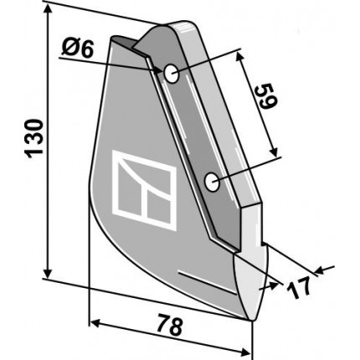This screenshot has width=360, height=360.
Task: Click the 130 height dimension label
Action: pyautogui.click(x=34, y=139)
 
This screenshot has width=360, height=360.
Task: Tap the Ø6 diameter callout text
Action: pyautogui.click(x=77, y=49)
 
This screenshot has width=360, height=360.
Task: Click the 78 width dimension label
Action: pyautogui.click(x=170, y=324)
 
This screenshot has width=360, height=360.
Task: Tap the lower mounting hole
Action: pyautogui.click(x=212, y=183)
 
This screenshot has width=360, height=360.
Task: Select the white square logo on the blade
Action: pyautogui.click(x=144, y=190)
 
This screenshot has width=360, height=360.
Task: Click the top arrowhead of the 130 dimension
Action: pyautogui.click(x=48, y=10)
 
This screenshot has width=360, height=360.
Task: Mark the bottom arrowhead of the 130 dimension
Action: pyautogui.click(x=48, y=271)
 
